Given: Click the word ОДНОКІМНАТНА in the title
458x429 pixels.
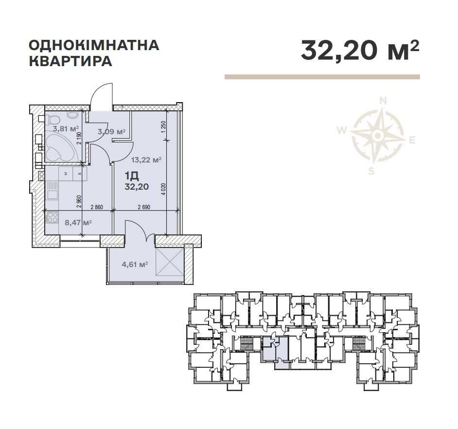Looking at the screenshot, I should [94, 45].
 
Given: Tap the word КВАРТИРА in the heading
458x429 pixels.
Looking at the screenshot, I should [70, 62].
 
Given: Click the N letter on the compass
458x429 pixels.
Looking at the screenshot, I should [383, 101].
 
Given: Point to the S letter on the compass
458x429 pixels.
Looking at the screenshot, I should [371, 170].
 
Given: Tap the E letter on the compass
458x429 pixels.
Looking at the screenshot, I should [412, 141].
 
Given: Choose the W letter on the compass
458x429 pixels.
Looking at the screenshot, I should [342, 130].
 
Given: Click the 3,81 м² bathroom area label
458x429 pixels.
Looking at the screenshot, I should [66, 129].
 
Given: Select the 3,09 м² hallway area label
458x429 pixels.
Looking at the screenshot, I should [111, 131].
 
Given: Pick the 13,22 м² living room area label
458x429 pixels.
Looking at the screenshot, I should [147, 159].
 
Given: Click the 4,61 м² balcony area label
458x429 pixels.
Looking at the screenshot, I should [134, 265].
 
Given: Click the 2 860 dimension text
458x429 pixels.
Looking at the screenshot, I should [97, 208].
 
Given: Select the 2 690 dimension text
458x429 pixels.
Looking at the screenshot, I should [144, 208].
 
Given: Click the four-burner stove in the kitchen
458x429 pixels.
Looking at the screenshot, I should [52, 217].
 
